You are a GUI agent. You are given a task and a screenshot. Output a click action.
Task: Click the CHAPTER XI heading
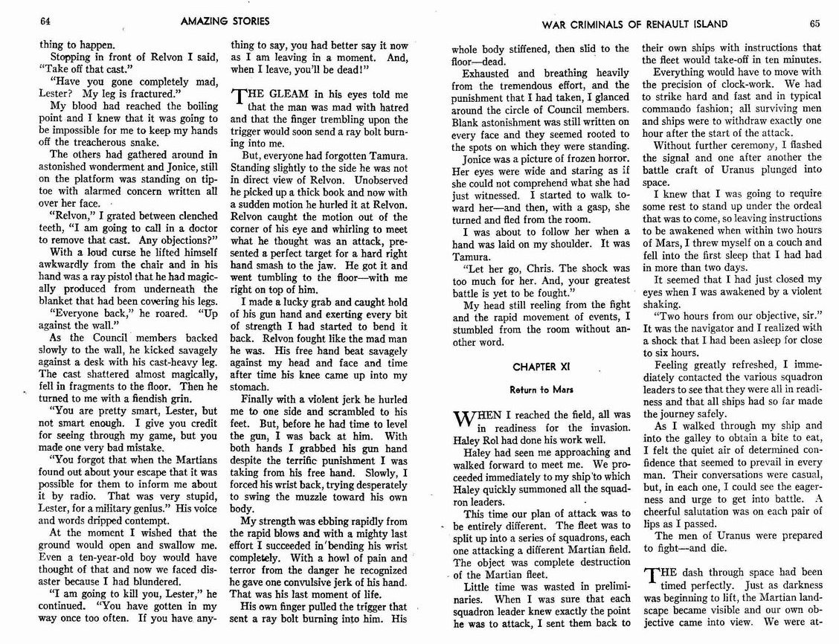[x=535, y=367]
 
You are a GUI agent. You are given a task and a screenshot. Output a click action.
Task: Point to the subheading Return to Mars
[x=535, y=389]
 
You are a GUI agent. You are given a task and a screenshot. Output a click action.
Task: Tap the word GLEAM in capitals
[x=286, y=95]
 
